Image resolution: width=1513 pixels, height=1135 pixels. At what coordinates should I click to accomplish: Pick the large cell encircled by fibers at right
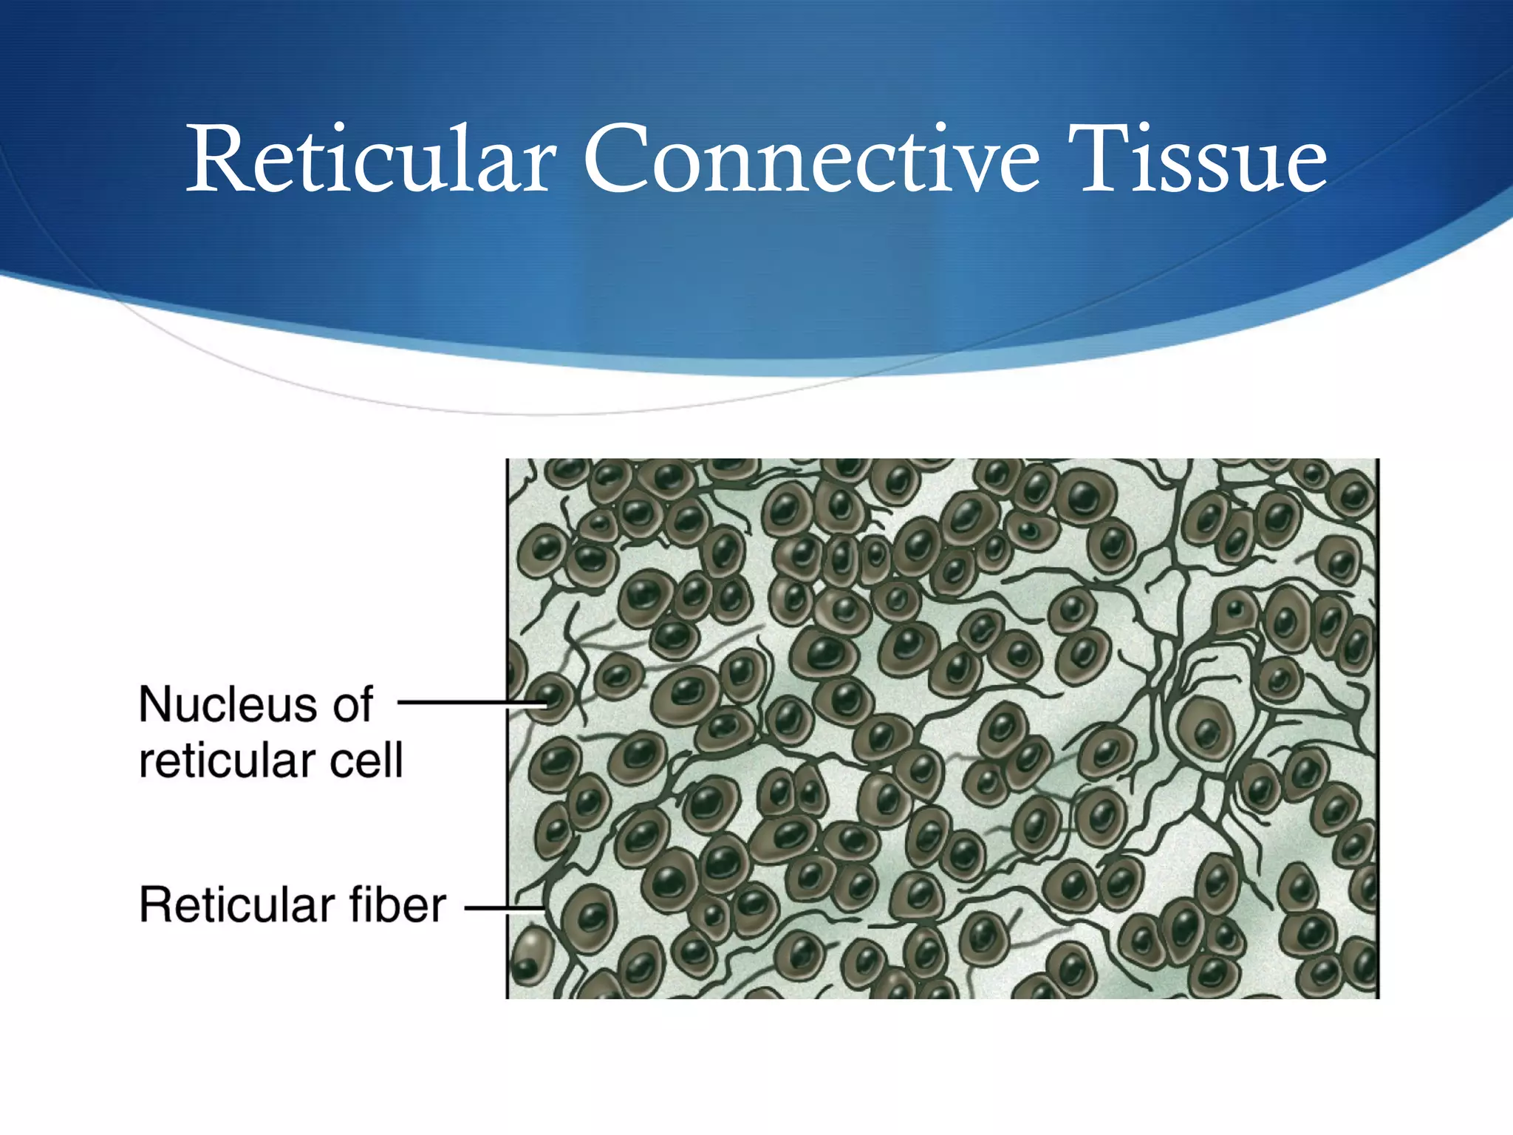[x=1206, y=728]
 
